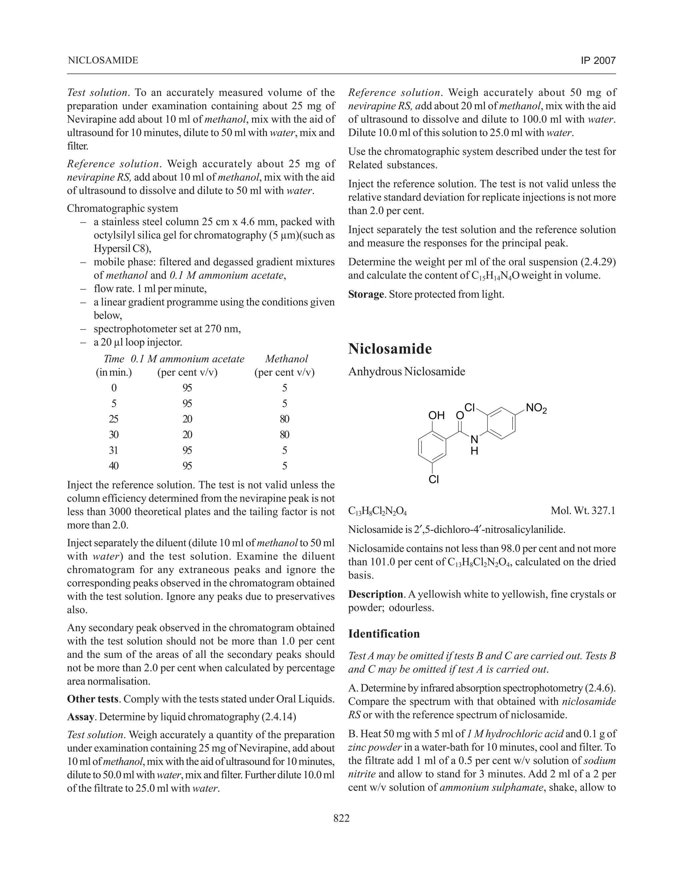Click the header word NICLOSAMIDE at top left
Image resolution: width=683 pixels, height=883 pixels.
tap(103, 60)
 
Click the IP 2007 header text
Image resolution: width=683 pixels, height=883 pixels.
tap(598, 61)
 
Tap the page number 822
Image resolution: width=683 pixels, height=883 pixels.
tap(341, 818)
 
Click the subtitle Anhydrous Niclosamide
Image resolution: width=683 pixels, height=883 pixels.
tap(407, 372)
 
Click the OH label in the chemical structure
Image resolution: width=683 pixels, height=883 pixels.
tap(437, 415)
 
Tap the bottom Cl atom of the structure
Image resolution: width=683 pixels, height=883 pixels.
tap(434, 480)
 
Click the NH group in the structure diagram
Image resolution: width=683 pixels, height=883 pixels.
tap(475, 444)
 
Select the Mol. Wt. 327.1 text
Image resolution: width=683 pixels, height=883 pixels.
tap(583, 511)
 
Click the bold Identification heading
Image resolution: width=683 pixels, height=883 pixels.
tap(384, 633)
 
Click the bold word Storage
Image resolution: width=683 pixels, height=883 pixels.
tap(366, 294)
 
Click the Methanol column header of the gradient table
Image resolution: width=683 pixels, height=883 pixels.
tap(286, 359)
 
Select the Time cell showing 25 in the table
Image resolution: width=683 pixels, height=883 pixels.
tap(114, 419)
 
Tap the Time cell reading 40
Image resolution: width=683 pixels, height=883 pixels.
tap(114, 466)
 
